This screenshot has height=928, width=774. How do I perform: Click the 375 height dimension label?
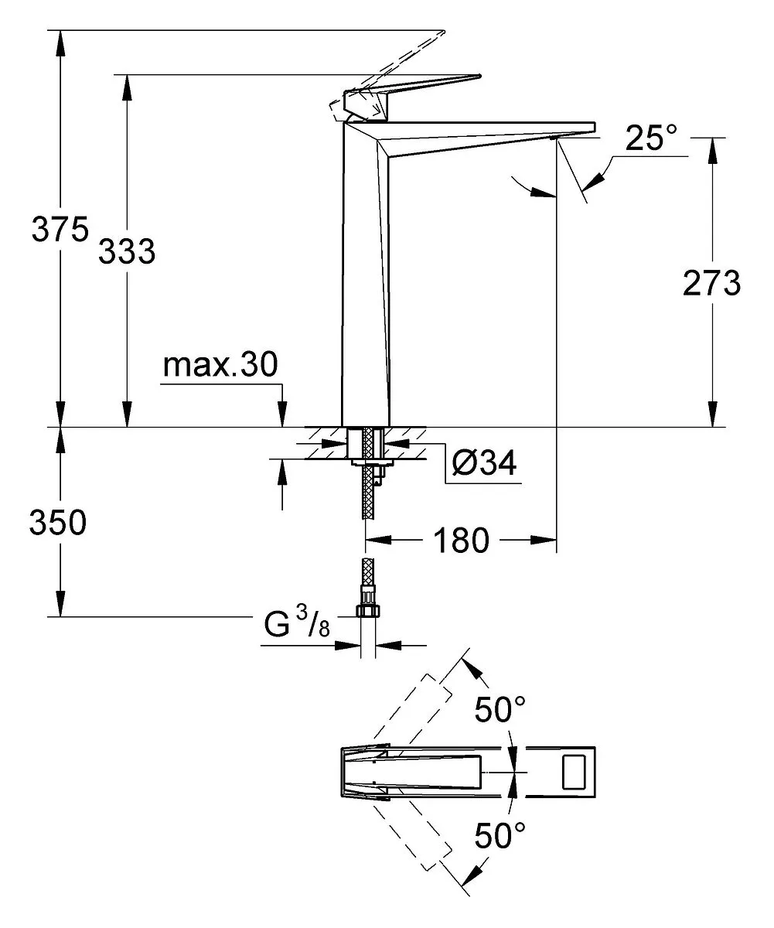[60, 230]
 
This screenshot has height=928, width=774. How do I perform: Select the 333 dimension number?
[127, 251]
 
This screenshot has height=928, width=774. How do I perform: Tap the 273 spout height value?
[711, 283]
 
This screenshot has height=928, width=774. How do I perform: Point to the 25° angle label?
[651, 138]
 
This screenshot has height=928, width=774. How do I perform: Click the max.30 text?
[220, 365]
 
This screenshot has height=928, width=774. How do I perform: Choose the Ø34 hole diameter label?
[484, 462]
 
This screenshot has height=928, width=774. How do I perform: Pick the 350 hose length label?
[58, 522]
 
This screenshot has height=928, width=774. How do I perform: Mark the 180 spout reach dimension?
[461, 541]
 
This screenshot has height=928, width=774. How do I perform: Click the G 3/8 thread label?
[297, 623]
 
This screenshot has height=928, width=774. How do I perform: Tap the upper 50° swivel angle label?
[500, 709]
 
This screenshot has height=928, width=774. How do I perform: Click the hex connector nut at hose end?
[368, 610]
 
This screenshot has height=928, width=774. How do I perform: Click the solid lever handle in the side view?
[411, 97]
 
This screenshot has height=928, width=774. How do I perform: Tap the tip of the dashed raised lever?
[444, 31]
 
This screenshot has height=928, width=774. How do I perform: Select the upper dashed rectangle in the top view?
[412, 709]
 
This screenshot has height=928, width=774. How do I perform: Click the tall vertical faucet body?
[365, 275]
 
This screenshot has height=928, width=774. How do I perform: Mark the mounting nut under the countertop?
[373, 462]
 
